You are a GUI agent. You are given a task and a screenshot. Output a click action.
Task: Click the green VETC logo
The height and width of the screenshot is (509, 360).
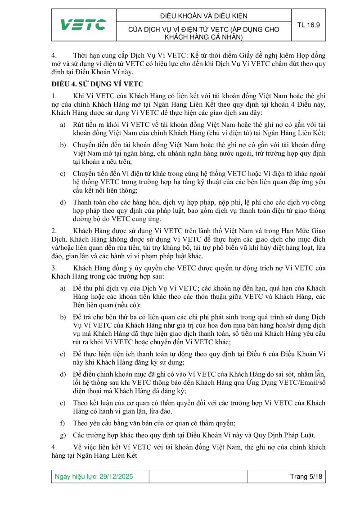83,25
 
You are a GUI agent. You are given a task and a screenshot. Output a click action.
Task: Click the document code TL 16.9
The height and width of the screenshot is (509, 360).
308,25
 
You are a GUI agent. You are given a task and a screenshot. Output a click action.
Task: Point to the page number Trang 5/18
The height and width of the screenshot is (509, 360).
305,477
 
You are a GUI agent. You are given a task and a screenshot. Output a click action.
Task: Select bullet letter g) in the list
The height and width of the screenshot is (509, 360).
63,435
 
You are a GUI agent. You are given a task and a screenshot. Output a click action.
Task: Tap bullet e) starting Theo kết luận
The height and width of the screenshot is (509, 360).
63,403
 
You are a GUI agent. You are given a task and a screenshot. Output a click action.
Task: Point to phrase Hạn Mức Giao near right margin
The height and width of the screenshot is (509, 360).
302,231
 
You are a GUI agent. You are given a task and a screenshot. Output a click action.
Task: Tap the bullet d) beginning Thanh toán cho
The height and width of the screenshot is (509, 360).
63,203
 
